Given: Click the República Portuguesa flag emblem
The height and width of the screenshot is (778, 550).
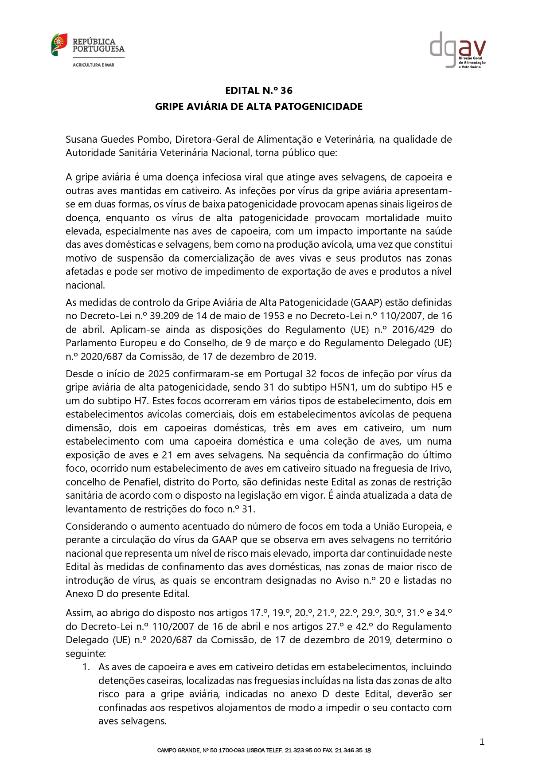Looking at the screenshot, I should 59,44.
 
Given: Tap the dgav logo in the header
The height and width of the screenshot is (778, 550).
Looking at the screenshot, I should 457,49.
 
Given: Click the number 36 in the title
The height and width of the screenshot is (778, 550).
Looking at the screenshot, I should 286,90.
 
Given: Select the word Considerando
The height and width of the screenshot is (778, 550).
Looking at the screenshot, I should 94,526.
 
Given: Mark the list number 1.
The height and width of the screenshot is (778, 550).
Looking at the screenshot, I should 86,667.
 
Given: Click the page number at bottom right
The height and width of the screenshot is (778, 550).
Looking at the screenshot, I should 482,742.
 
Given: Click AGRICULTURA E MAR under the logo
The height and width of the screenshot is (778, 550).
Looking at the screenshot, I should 93,65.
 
